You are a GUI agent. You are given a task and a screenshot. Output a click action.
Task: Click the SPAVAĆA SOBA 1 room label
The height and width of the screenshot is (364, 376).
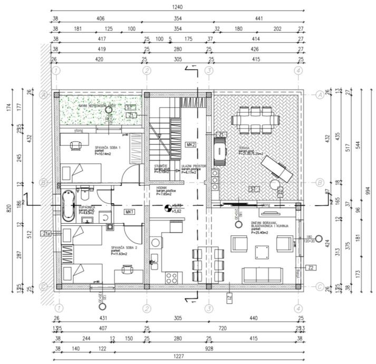[x=108, y=147]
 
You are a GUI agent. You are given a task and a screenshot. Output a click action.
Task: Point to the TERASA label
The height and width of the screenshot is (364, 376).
[x=244, y=148]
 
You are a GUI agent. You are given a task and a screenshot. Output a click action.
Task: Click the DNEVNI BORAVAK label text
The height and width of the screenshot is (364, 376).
[x=264, y=224]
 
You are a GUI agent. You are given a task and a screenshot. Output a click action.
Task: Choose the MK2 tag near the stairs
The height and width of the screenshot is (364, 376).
[x=191, y=144]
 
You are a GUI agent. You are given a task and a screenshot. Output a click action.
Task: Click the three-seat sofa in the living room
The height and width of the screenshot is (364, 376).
[x=262, y=274]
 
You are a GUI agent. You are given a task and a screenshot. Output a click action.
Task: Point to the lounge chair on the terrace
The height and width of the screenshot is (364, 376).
[x=278, y=170]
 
